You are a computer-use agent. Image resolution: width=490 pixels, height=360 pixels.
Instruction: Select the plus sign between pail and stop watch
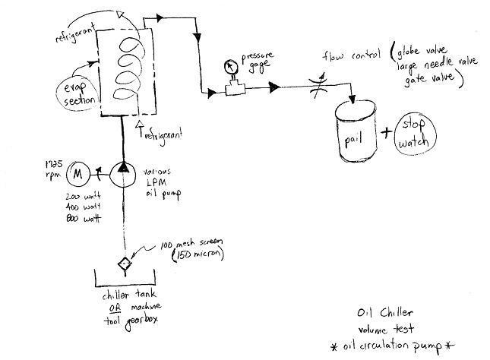pyautogui.click(x=389, y=134)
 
